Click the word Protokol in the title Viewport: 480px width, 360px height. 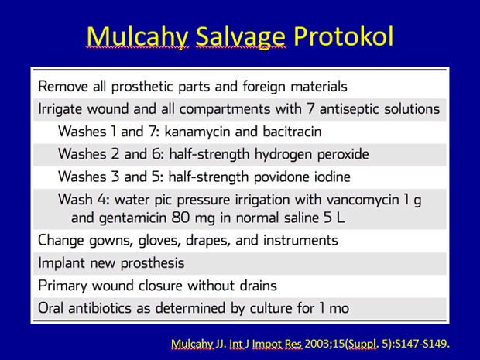343,36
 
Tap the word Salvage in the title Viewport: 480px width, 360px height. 241,37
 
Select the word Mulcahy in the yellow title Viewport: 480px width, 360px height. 137,37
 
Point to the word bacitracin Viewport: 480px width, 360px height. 292,132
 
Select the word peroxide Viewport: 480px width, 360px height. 343,155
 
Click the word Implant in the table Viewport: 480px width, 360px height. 61,263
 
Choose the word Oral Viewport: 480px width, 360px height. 51,308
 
